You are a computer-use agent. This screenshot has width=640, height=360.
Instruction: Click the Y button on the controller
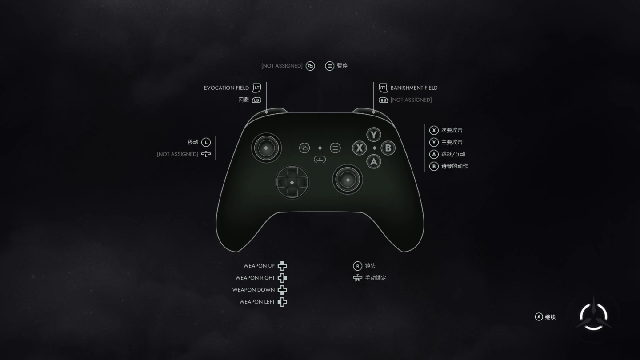[x=374, y=135]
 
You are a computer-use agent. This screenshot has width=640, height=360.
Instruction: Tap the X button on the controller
[x=360, y=148]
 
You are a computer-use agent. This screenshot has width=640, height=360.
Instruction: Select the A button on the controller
[x=374, y=161]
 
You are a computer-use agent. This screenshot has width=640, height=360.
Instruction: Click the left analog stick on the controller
[x=266, y=148]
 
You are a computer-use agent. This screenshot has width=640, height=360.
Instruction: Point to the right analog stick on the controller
[x=348, y=180]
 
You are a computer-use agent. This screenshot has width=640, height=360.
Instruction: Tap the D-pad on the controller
[x=292, y=182]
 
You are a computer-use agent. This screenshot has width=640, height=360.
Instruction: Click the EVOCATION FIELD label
[x=226, y=88]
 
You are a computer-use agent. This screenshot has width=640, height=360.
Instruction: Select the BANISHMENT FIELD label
[x=414, y=88]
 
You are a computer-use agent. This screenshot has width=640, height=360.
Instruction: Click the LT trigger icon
[x=256, y=88]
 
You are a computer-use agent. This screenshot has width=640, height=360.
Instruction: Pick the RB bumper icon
[x=383, y=100]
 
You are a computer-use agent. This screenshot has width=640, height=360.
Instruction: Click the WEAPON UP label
[x=259, y=266]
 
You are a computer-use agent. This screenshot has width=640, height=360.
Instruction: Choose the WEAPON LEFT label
[x=257, y=302]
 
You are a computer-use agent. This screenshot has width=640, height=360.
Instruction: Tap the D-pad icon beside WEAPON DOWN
[x=282, y=290]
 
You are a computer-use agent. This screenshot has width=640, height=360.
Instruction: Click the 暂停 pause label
[x=342, y=66]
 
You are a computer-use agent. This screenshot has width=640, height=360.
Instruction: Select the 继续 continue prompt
[x=550, y=317]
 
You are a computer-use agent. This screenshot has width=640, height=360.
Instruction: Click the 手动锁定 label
[x=376, y=278]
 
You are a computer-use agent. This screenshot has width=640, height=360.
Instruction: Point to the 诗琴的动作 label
[x=454, y=166]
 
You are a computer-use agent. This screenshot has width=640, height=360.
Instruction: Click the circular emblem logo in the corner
[x=594, y=316]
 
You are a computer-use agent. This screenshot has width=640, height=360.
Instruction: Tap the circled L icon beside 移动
[x=206, y=142]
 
